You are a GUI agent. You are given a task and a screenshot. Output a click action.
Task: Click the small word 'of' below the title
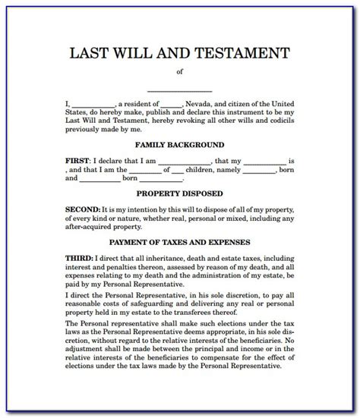point(179,73)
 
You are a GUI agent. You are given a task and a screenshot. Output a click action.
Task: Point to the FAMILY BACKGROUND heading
point(179,144)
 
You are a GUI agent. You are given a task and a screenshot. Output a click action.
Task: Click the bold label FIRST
point(76,162)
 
